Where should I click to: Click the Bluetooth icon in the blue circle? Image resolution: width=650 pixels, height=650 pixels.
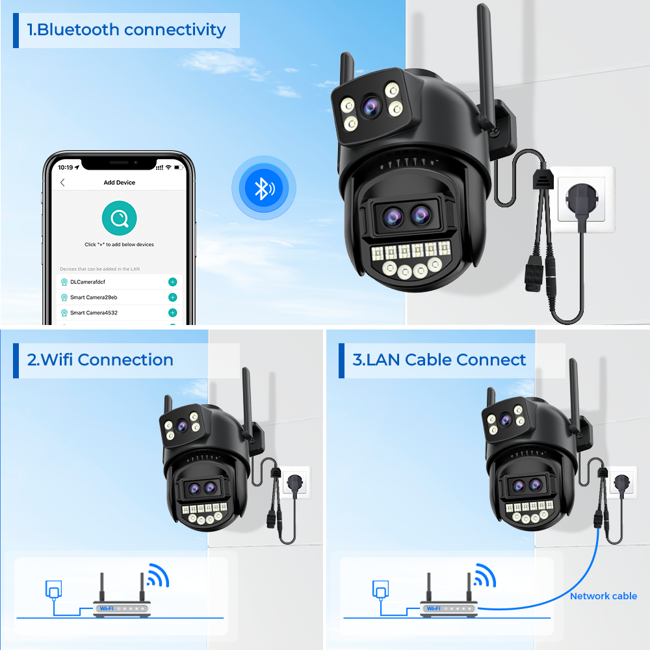(x=264, y=188)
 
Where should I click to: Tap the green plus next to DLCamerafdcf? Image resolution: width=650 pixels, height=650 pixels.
(x=173, y=282)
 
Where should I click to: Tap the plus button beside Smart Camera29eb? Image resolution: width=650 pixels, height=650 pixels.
(x=173, y=297)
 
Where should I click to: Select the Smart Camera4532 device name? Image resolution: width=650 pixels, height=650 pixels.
(x=94, y=313)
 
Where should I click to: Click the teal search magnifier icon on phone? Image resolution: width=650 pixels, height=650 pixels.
(x=120, y=218)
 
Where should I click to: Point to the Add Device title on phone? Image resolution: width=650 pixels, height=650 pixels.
(x=120, y=183)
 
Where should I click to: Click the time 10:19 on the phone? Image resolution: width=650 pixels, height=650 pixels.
(x=66, y=168)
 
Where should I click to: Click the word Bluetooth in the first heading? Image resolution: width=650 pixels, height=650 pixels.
(x=79, y=30)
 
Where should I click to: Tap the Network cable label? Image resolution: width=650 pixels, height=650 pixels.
(x=603, y=596)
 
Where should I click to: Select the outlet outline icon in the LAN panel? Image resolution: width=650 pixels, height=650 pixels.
(x=380, y=590)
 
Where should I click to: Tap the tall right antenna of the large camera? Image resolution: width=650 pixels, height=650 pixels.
(x=485, y=66)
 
